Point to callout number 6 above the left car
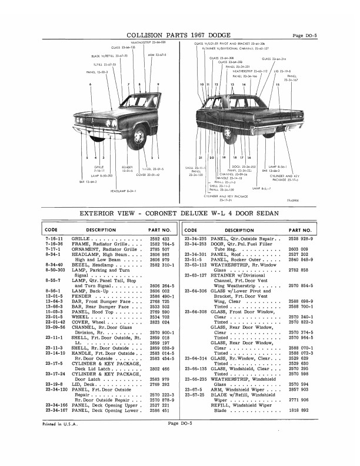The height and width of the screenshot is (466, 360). pos(91,85)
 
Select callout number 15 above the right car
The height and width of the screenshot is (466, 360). pos(278,85)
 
